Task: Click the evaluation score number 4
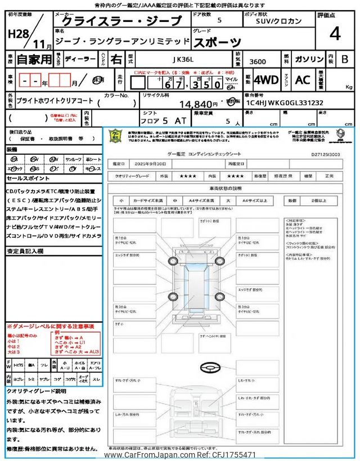click(x=335, y=34)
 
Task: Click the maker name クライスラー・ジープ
click(x=121, y=21)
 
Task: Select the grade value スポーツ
click(x=218, y=41)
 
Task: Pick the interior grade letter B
click(x=345, y=59)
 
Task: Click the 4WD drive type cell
click(x=265, y=80)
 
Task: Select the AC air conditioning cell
click(x=302, y=80)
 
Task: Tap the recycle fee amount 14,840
click(x=198, y=104)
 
